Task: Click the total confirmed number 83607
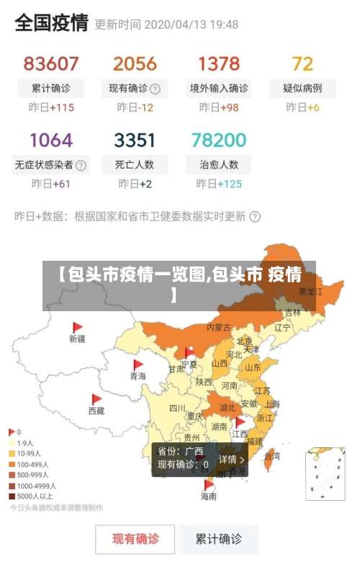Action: pos(51,63)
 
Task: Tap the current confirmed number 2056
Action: pos(135,63)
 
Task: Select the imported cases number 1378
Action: pos(219,63)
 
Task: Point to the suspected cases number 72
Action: pos(303,63)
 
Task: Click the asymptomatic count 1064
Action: pos(51,139)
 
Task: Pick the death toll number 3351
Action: pos(135,139)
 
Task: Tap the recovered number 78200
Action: pos(219,139)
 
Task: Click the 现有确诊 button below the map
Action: pos(135,538)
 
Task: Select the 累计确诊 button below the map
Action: pos(219,538)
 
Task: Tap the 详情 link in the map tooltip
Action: pos(232,460)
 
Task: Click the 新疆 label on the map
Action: pos(77,339)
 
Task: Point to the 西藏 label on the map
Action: pos(96,411)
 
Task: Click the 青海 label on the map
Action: pos(138,376)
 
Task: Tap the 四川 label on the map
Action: pos(177,408)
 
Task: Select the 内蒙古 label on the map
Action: pos(219,327)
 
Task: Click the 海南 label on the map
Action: pos(209,496)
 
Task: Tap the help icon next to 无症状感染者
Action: pos(82,165)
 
